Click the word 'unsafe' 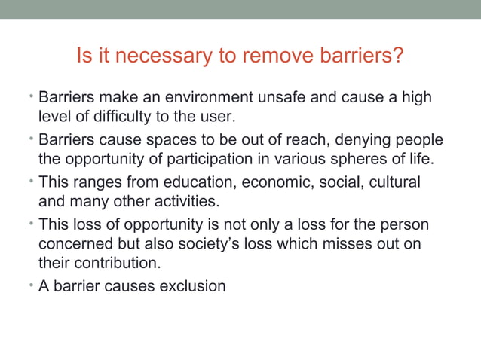285,98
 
